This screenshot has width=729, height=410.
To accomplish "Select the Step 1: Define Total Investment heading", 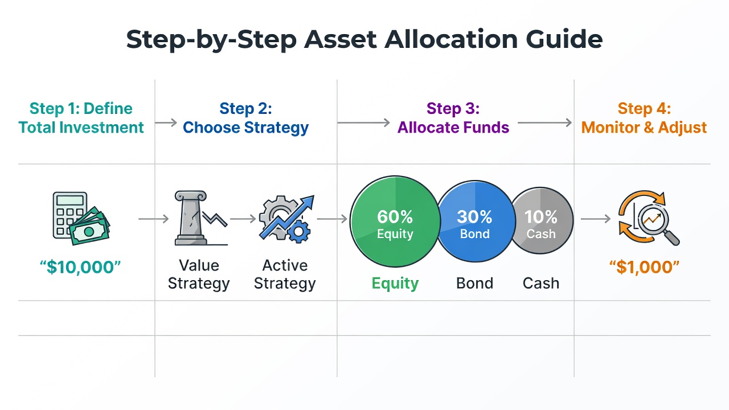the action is [x=81, y=118].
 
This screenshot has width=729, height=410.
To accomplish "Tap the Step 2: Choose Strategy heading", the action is [x=245, y=118].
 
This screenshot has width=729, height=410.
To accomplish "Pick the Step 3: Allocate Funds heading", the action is [x=453, y=118].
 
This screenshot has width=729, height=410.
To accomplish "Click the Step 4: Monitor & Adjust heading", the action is [x=644, y=118].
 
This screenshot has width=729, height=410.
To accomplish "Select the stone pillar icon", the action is [x=191, y=218].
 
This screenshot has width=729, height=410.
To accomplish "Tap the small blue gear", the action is [x=299, y=232].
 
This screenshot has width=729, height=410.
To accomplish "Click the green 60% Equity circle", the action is [x=395, y=222].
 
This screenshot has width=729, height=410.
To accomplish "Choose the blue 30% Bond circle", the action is [x=476, y=222].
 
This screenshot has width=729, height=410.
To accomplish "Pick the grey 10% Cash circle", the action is [x=542, y=220].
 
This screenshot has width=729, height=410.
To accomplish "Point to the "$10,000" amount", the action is [x=80, y=267].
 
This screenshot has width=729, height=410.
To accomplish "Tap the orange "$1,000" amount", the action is [x=644, y=267].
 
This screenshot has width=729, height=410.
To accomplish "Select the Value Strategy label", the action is [x=199, y=274].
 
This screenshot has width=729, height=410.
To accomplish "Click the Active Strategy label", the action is [x=285, y=274].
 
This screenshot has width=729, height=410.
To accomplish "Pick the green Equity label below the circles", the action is [x=395, y=284].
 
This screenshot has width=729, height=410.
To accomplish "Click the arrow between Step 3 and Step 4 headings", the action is [x=544, y=122].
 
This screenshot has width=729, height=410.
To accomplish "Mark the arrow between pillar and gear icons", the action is [x=243, y=219].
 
